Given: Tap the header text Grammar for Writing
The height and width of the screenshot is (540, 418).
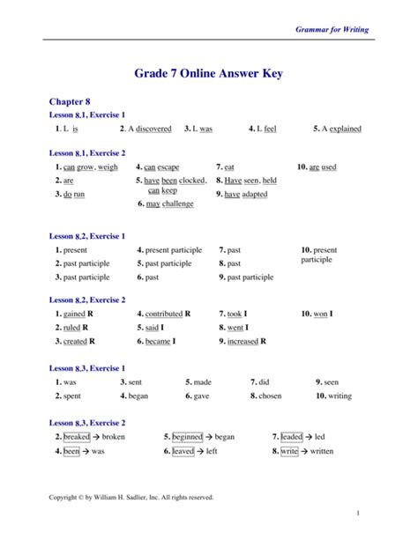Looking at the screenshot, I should pyautogui.click(x=332, y=29).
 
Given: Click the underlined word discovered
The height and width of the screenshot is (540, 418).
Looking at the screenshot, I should pyautogui.click(x=154, y=129).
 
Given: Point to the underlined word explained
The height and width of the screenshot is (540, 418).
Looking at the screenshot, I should pyautogui.click(x=345, y=129).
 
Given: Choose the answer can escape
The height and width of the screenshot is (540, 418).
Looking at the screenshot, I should pyautogui.click(x=161, y=166).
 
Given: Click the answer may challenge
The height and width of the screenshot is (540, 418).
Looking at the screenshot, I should pyautogui.click(x=169, y=203).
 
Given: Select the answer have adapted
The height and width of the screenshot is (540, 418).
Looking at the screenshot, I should pyautogui.click(x=246, y=194).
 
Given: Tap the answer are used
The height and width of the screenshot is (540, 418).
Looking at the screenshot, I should pyautogui.click(x=322, y=166).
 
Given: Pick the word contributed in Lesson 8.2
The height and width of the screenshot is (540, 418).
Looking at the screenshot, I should pyautogui.click(x=164, y=314).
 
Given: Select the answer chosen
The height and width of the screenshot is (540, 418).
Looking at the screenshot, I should pyautogui.click(x=270, y=396).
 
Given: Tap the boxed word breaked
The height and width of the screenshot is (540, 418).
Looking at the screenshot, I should pyautogui.click(x=77, y=437).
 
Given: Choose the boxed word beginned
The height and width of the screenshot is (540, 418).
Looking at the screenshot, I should pyautogui.click(x=187, y=437).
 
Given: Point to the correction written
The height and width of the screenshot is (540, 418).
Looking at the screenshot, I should pyautogui.click(x=321, y=451).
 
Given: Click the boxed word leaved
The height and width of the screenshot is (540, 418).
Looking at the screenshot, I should pyautogui.click(x=183, y=451).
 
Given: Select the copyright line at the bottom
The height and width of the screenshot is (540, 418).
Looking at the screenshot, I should pyautogui.click(x=131, y=497).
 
